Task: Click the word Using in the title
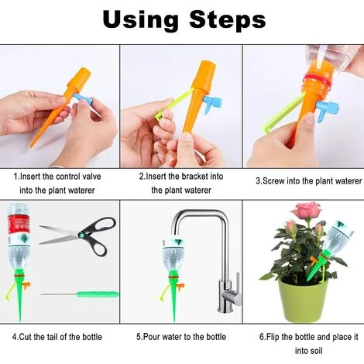pyautogui.click(x=140, y=20)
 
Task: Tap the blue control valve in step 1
pyautogui.click(x=83, y=98)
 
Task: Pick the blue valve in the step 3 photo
pyautogui.click(x=327, y=109)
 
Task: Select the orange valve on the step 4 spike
pyautogui.click(x=26, y=286)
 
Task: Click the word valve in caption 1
pyautogui.click(x=91, y=177)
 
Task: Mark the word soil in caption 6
pyautogui.click(x=316, y=351)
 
